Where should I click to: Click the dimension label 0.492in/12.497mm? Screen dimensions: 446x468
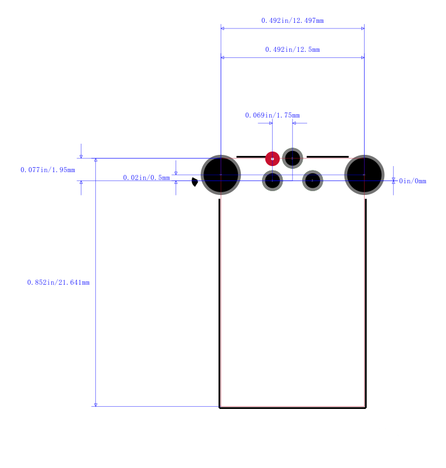(x=293, y=21)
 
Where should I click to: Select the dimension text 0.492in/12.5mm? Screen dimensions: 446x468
(x=293, y=50)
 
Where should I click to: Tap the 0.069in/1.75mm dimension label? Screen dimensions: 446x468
(x=273, y=115)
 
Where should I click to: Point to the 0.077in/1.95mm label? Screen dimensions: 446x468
(x=48, y=170)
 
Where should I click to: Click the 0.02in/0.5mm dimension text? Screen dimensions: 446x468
(x=147, y=178)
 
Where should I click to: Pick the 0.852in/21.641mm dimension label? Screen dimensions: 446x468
(x=58, y=282)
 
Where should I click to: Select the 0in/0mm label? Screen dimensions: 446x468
(x=413, y=181)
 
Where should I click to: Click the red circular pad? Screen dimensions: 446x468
(x=273, y=158)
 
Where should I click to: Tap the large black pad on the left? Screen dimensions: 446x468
(x=221, y=175)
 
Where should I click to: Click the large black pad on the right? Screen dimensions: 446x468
(x=364, y=175)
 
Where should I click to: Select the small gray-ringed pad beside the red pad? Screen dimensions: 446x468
(x=293, y=158)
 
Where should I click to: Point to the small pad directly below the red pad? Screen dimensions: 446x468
(x=273, y=181)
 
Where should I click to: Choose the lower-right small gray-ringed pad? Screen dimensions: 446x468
(x=312, y=181)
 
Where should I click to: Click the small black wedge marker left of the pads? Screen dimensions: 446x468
(x=195, y=182)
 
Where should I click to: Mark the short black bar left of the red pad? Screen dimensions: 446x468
(x=251, y=157)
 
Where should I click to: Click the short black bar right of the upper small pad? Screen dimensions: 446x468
(x=327, y=157)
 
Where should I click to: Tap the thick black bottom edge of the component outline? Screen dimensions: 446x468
(x=293, y=408)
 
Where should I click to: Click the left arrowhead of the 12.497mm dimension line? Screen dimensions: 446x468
(x=222, y=28)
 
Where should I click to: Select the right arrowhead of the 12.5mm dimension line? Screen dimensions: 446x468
(x=363, y=57)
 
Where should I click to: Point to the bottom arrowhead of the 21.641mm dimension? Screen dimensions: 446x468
(x=95, y=404)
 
